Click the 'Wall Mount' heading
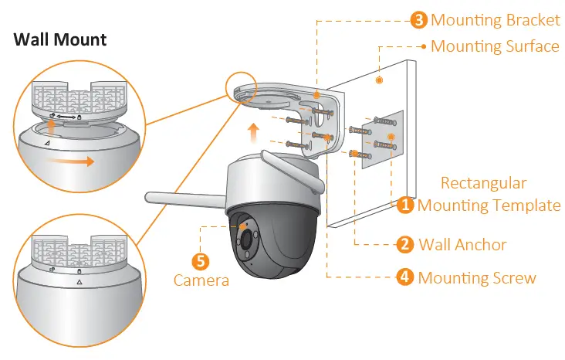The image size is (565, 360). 60,39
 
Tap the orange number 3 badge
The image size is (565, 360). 420,21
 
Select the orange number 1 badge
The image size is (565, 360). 406,205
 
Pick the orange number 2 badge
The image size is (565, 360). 406,245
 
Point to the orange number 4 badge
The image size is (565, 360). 406,277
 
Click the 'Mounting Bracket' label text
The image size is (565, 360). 495,21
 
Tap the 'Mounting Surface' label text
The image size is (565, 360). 495,46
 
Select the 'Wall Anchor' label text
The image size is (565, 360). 462,245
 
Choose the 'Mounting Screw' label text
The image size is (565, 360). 476,277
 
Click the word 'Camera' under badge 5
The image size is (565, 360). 201,280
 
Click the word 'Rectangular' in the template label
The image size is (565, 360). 483,184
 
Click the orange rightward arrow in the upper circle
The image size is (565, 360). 74,161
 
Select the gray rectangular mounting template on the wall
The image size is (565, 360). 384,139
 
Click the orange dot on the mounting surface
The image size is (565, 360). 380,80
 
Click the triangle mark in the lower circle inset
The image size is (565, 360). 79,283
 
